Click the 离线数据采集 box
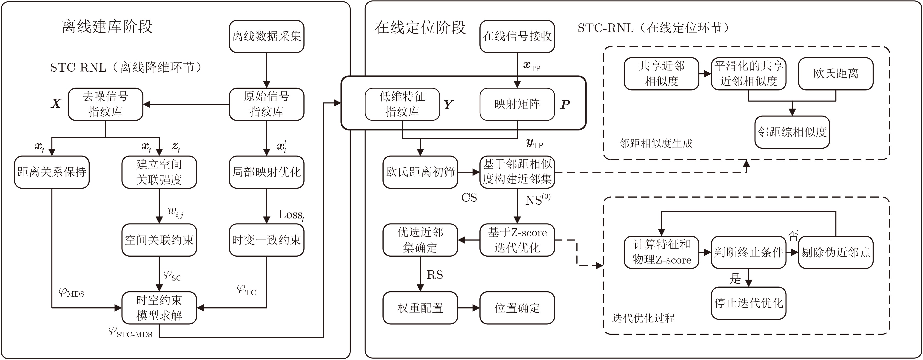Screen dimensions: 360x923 coord(267,36)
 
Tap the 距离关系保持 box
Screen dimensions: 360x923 coord(51,172)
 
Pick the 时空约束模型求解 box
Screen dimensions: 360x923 coord(159,308)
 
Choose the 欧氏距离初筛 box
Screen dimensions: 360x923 coord(420,172)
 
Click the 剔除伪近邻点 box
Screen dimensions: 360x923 coord(836,252)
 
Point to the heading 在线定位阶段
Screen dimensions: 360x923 coord(420,28)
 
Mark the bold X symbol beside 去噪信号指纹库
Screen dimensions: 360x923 coord(56,104)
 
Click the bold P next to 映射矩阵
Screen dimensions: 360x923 coord(565,105)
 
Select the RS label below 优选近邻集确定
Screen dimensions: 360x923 coord(435,275)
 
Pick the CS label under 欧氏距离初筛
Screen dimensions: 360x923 coord(469,198)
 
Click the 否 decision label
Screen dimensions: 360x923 coord(793,235)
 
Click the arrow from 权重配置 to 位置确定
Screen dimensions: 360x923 coord(469,308)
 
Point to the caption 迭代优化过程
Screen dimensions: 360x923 coord(644,318)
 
